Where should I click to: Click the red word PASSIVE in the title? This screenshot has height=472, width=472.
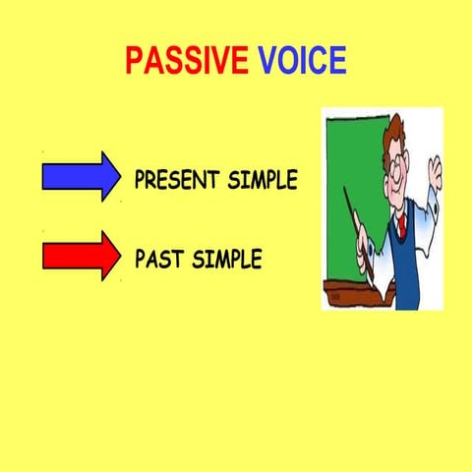tap(186, 61)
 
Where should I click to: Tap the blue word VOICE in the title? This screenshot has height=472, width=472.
tap(303, 61)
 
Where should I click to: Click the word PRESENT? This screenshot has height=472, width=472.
tap(178, 181)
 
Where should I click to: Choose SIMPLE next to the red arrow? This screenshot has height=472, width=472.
tap(227, 261)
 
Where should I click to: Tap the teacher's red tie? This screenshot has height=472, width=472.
tap(401, 225)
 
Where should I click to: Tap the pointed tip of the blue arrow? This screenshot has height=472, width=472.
tap(119, 177)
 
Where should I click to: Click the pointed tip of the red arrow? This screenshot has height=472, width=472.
tap(119, 256)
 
